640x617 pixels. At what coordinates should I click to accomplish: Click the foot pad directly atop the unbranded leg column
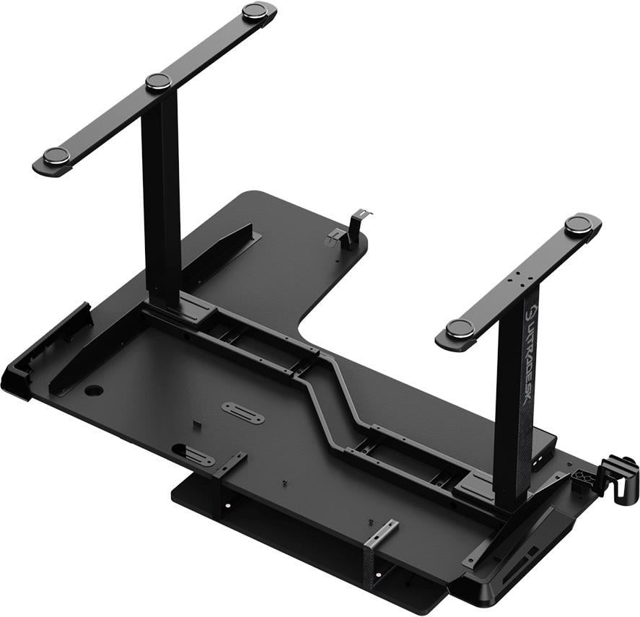point(158,82)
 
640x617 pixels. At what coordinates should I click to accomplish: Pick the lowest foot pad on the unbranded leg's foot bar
point(56,156)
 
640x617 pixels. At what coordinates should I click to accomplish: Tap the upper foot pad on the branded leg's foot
point(579,224)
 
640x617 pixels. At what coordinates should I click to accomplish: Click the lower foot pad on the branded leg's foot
point(460,329)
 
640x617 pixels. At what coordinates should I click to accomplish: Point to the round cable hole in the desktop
point(94,390)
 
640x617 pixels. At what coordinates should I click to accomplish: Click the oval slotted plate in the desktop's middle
point(242,413)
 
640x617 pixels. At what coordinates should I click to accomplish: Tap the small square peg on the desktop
point(196,423)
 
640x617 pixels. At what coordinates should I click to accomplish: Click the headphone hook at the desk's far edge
point(358,221)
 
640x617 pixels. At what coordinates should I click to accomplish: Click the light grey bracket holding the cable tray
point(381,534)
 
